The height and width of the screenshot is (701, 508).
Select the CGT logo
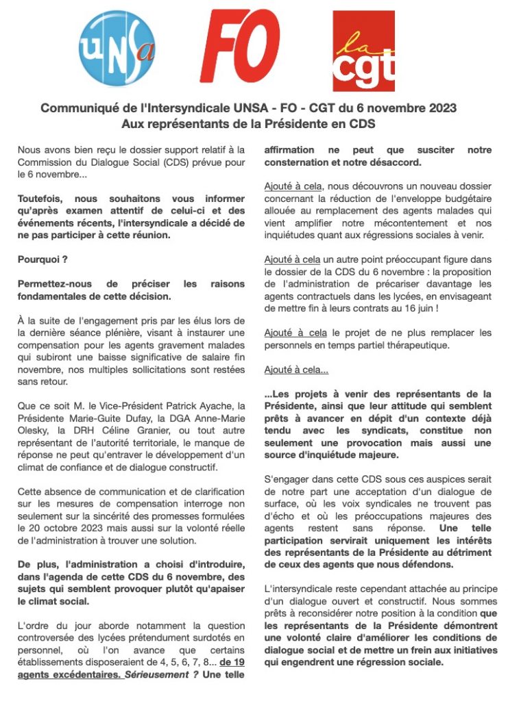click(x=363, y=51)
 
